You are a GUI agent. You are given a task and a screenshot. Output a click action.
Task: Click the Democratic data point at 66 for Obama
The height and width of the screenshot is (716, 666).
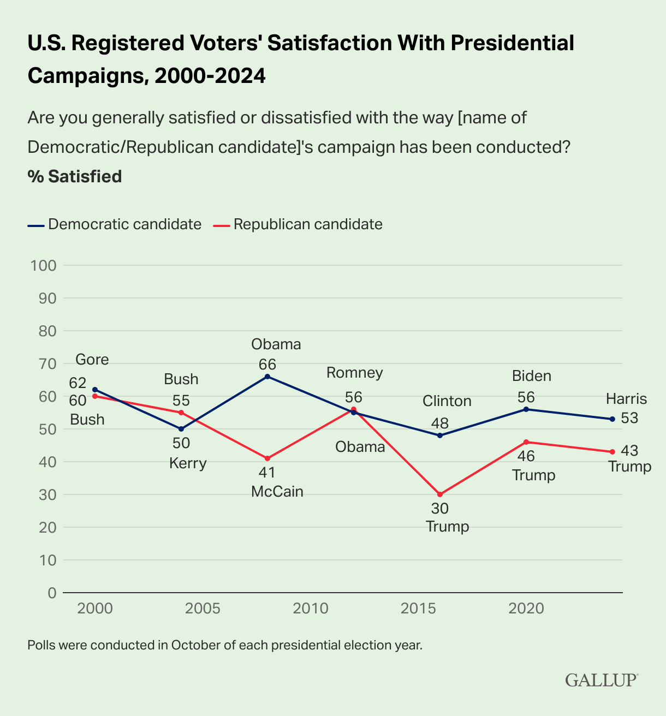point(267,377)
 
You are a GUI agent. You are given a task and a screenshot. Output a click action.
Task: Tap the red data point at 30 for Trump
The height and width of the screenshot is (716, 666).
point(440,494)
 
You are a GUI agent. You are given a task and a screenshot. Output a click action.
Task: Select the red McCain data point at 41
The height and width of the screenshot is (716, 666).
point(267,458)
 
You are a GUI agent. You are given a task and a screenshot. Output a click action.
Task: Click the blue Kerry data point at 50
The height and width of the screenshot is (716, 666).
point(181,429)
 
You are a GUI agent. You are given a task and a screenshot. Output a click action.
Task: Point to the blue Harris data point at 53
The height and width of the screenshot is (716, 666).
point(612,419)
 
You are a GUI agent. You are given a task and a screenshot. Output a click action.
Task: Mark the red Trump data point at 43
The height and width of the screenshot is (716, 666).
point(612,452)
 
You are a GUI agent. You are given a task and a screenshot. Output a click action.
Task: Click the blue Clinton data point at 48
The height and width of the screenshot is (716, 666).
point(440,435)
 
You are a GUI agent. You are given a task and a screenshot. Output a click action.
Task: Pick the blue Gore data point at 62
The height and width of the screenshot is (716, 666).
point(95,390)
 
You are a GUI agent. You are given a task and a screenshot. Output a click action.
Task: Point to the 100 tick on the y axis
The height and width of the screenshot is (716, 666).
point(44,266)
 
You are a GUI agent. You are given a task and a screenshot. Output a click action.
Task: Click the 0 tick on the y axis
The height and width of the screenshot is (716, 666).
point(52,593)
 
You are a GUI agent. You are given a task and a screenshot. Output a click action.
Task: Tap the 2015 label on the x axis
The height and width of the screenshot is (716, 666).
point(418,608)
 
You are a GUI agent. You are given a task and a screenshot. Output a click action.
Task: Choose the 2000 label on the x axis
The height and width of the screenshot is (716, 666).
point(95,608)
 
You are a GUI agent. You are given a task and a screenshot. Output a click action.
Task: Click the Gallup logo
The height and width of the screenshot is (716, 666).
point(601,680)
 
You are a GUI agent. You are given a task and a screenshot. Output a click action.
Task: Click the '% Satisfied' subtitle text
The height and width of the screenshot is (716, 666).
point(74,177)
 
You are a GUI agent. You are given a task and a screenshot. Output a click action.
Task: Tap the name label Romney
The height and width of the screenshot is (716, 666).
point(355,373)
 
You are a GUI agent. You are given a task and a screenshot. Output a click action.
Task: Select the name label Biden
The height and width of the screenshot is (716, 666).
point(531,376)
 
